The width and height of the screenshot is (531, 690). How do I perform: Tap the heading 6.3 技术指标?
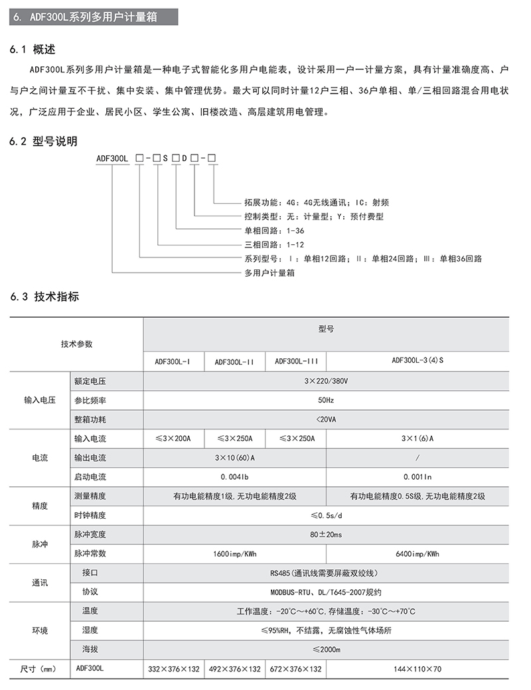tap(44, 297)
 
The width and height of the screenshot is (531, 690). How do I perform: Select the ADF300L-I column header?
tap(173, 362)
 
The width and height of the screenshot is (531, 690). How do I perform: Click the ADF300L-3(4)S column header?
tap(417, 361)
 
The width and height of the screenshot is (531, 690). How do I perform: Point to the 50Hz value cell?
tap(326, 401)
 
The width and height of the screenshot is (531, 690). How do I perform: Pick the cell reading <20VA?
tap(326, 419)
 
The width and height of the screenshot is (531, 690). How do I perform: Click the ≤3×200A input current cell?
tap(173, 439)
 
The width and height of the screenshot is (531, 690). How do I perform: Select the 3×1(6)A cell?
tap(417, 439)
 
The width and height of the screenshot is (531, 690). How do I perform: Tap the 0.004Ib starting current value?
tap(234, 476)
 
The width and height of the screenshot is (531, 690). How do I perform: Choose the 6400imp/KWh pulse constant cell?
tap(417, 553)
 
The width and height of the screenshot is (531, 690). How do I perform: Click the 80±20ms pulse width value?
tap(326, 534)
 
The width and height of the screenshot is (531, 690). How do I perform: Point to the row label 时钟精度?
tap(90, 515)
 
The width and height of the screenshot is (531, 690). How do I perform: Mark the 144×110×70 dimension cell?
tap(417, 669)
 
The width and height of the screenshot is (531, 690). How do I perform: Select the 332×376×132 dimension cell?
tap(173, 669)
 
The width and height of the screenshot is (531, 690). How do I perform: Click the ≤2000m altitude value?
tap(326, 650)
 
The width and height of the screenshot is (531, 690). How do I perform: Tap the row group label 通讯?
tap(40, 583)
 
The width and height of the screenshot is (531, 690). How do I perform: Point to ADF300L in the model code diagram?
tap(111, 159)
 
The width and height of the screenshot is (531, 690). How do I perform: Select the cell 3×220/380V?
tap(326, 381)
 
